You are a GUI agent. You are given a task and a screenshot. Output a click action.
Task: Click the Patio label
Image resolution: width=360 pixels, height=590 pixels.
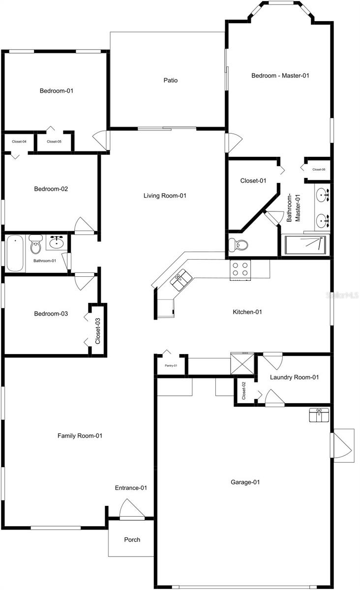(171, 80)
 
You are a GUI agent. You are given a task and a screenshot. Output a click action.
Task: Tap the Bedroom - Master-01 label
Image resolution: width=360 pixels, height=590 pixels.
(280, 76)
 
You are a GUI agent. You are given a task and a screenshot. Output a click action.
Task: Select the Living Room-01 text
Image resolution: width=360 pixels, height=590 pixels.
(165, 196)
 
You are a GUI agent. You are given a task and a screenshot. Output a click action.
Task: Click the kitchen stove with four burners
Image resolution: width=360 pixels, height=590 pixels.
(240, 269)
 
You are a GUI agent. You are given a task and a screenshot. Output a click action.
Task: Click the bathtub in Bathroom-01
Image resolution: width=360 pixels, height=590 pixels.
(15, 253)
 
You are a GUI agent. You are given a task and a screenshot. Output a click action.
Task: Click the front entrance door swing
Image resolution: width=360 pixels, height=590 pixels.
(131, 509)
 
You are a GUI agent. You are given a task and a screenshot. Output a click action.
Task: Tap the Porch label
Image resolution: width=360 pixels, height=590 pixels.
(132, 540)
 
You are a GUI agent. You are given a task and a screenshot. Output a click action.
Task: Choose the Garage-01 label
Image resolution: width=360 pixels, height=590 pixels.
(245, 482)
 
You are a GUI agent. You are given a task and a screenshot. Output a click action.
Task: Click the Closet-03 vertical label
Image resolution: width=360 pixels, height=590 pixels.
(98, 331)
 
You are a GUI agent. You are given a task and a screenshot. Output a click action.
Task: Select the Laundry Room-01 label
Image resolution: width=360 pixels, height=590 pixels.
(295, 378)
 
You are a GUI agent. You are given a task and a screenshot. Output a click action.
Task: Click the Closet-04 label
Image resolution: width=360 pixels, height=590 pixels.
(19, 142)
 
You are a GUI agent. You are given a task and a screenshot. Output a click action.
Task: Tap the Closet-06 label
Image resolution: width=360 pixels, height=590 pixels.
(319, 170)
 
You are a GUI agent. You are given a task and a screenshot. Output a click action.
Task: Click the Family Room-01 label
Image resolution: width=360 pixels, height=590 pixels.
(80, 436)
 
